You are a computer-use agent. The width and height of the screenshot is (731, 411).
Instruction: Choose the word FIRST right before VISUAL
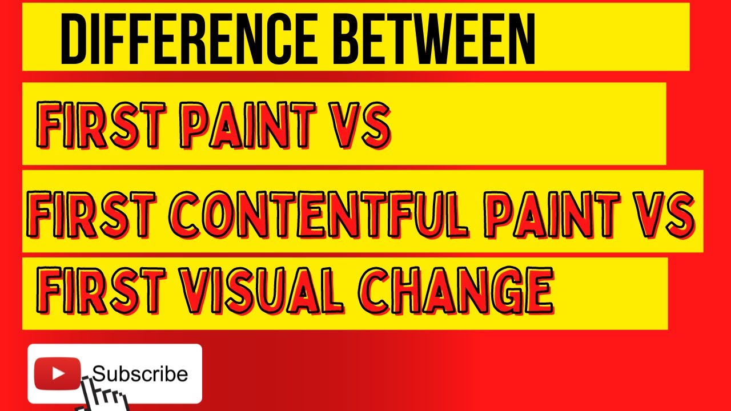[99, 292]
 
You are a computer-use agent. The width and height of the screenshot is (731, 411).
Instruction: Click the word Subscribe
[140, 374]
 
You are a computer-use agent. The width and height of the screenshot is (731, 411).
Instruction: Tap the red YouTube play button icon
[58, 374]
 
